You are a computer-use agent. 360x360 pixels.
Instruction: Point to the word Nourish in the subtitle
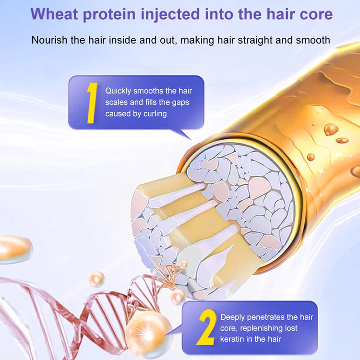[x=50, y=39]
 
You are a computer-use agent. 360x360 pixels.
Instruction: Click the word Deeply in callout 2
[x=233, y=317]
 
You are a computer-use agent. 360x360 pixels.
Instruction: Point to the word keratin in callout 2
[x=233, y=340]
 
